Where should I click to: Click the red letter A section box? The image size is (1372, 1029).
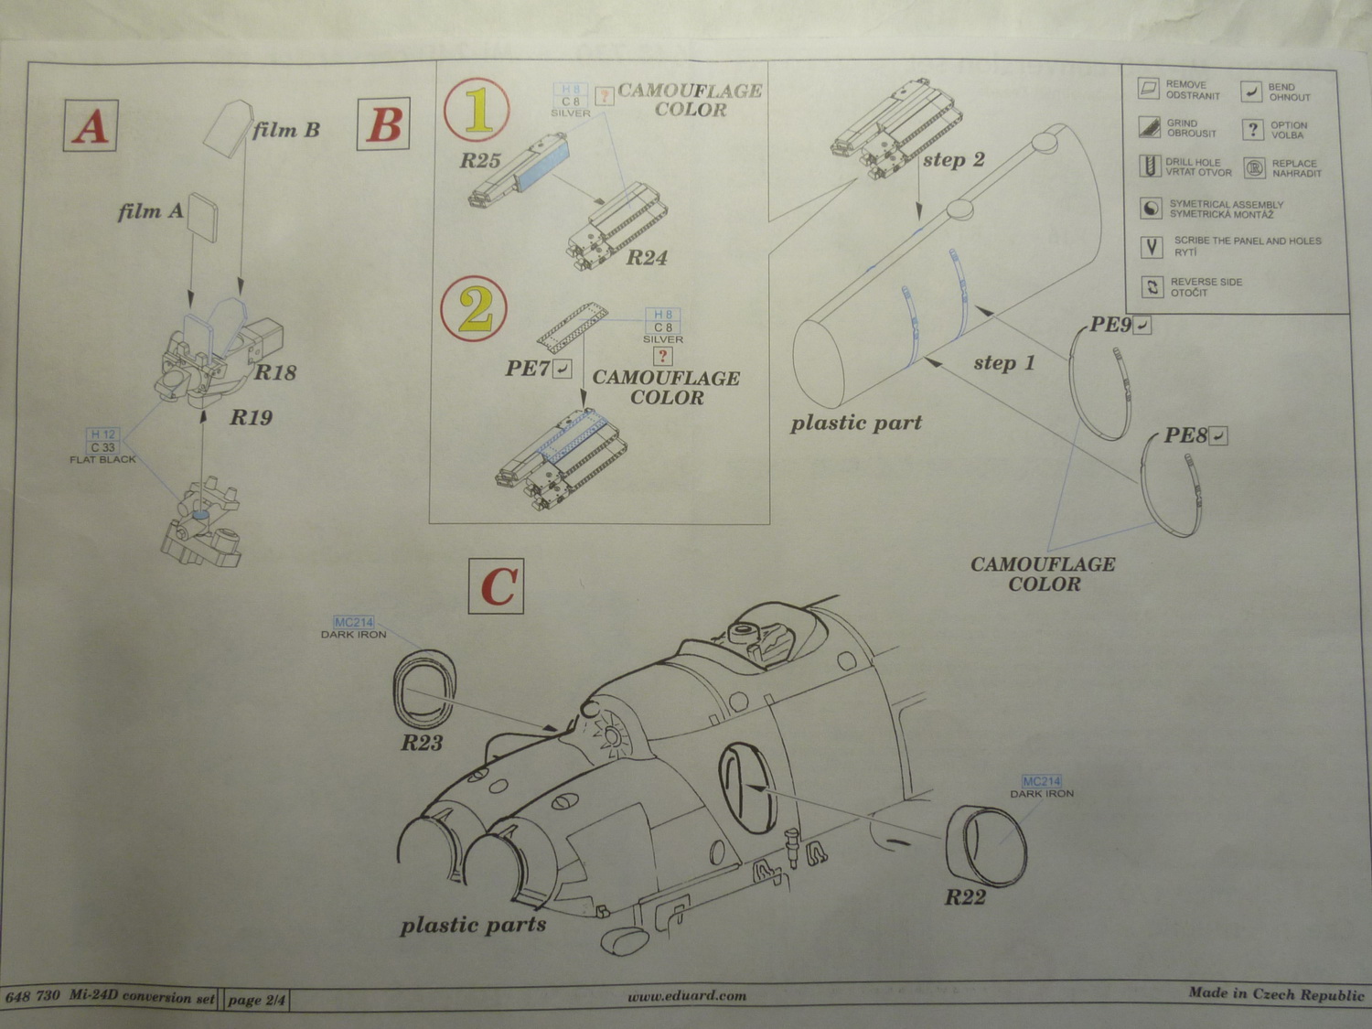click(x=90, y=125)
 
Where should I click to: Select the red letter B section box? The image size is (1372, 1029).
click(x=383, y=123)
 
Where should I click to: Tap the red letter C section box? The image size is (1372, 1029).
click(x=497, y=586)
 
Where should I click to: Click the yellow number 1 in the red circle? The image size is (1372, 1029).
click(x=477, y=111)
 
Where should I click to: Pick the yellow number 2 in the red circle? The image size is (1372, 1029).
click(x=475, y=309)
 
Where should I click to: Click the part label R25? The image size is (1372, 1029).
click(x=480, y=161)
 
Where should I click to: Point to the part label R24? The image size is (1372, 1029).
click(x=647, y=257)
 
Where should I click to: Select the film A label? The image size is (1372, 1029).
click(x=151, y=212)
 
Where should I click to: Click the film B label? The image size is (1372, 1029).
click(x=286, y=130)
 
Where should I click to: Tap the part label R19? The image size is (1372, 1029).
click(x=251, y=417)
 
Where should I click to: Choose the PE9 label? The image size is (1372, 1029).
click(x=1110, y=325)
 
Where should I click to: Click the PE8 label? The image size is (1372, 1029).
click(x=1185, y=435)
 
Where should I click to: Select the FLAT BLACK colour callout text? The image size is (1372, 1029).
click(x=102, y=460)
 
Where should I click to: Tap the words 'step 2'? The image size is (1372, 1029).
click(x=954, y=160)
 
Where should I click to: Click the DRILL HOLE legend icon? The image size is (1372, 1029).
click(x=1150, y=166)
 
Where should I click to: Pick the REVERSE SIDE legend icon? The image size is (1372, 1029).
click(x=1152, y=287)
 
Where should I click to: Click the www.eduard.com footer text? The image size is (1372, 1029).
click(x=687, y=996)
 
